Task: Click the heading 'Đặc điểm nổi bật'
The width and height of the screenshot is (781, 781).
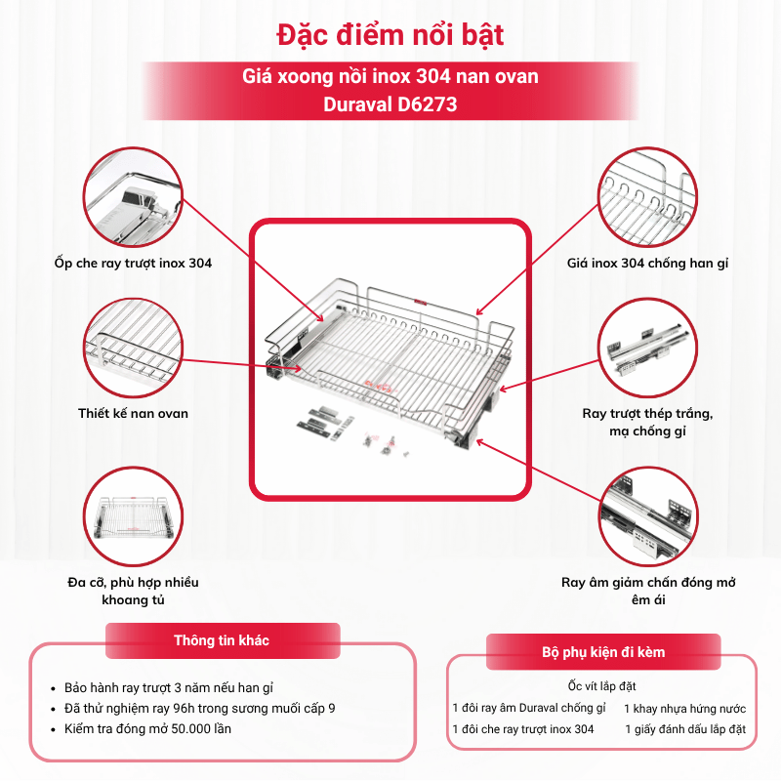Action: coord(390,35)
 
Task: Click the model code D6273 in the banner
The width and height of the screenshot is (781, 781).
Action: coord(427,104)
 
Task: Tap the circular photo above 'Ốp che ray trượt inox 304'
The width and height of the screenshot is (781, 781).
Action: coord(133,197)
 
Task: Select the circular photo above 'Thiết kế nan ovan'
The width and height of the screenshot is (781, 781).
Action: coord(133,349)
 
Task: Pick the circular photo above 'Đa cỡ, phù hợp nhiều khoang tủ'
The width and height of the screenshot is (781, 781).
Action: coord(133,516)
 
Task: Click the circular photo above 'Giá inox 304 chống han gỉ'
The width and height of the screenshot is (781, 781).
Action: coord(647,197)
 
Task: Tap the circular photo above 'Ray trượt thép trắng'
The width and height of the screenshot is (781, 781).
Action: coord(647,349)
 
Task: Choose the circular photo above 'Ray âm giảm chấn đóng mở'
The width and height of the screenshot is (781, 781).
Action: coord(647,516)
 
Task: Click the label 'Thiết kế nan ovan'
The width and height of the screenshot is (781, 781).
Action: coord(133,413)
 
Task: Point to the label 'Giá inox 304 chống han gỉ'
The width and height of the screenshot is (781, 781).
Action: coord(647,263)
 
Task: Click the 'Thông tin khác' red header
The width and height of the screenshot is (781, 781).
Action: coord(223,640)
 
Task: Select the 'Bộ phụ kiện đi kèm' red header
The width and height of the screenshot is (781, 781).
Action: coord(603,652)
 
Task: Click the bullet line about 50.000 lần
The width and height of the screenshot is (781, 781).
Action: coord(147,728)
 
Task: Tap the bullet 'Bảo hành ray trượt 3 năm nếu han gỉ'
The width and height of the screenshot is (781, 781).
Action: coord(169,688)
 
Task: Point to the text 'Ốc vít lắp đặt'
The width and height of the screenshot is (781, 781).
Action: coord(601,686)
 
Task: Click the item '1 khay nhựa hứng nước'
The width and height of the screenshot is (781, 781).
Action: coord(685,709)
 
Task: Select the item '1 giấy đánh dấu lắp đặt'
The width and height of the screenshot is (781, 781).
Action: coord(685,729)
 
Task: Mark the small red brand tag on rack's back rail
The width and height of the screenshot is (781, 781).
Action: coord(421,301)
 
